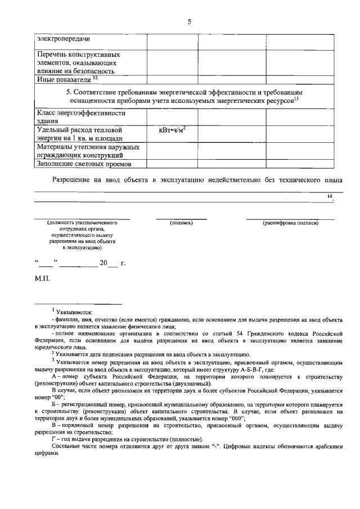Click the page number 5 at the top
click(x=190, y=21)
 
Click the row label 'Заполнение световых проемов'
click(x=83, y=164)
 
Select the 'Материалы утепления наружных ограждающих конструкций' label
click(x=87, y=151)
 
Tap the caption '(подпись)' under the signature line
click(x=181, y=223)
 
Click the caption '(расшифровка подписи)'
click(x=290, y=223)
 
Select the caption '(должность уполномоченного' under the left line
click(x=82, y=223)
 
